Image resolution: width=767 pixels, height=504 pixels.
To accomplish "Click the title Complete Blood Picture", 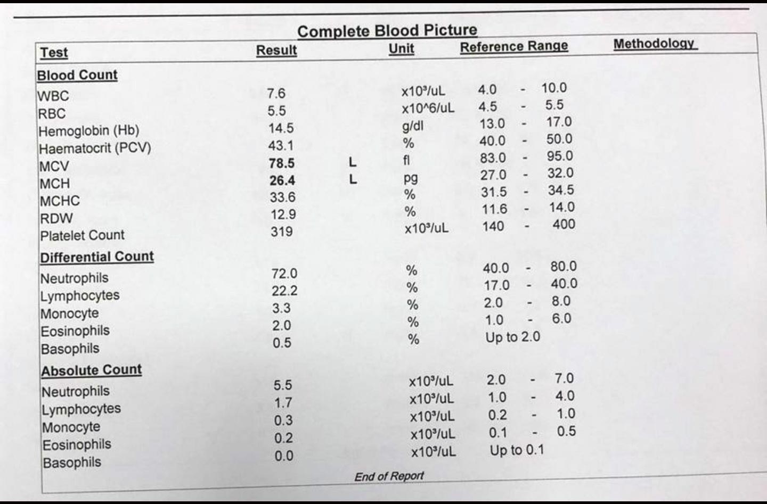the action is (387, 31).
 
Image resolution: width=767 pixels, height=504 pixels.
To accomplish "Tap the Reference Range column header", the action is (514, 46).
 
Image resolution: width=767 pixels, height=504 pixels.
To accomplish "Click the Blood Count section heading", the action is (77, 75).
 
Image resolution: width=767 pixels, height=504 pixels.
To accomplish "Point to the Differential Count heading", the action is (97, 257).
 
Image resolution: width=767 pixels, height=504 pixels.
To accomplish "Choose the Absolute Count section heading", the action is (92, 370).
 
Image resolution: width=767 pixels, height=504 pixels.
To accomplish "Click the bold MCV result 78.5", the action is (281, 163).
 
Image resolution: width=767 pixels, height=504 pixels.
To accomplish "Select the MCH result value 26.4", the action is (282, 180).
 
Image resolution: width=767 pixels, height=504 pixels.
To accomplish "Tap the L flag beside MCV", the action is (353, 162).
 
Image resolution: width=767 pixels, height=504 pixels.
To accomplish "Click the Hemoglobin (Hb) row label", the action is (89, 131).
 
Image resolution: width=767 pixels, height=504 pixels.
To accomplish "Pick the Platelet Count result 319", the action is (281, 232).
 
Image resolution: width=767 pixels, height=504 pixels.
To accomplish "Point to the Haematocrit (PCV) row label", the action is (95, 148).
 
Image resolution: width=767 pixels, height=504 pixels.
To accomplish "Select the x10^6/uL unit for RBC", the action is (428, 109).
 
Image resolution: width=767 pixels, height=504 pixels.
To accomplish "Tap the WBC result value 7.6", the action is (276, 93).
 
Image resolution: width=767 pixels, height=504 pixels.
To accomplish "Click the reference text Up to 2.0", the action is (512, 337).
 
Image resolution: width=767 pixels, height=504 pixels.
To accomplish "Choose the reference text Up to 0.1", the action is (517, 450).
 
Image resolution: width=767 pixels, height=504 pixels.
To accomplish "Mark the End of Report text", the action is (389, 476).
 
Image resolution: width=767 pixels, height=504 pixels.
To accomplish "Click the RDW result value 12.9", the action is (283, 214).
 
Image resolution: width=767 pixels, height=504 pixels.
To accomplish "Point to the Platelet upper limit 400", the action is (564, 224).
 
